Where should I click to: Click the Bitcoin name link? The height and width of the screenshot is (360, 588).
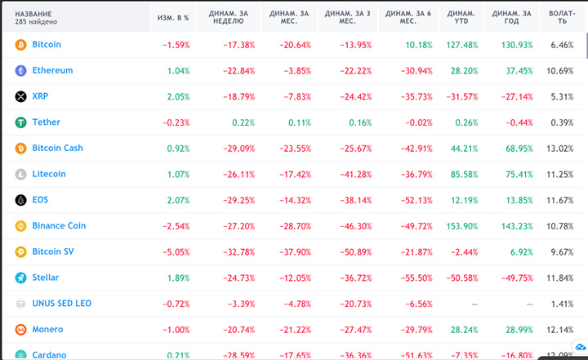tap(47, 45)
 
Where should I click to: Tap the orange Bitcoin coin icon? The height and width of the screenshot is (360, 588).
tap(21, 45)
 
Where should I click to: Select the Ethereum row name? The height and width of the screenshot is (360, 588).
tap(52, 71)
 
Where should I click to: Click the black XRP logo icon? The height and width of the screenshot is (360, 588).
tap(21, 96)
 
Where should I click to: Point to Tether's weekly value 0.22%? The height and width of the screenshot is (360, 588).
tap(243, 122)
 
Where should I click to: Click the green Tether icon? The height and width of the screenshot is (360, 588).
tap(21, 122)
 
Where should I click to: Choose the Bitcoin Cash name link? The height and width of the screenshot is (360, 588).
tap(57, 149)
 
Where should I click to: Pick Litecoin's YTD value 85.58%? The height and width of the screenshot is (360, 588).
tap(463, 174)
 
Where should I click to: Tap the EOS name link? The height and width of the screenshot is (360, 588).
tap(40, 200)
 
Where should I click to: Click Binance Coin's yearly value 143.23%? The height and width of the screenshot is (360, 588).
tap(516, 226)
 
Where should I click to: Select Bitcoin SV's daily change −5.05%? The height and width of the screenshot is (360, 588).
tap(175, 252)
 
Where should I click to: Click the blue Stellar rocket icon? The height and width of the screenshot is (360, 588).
tap(21, 278)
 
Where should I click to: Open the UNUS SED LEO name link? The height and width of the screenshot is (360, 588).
tap(62, 304)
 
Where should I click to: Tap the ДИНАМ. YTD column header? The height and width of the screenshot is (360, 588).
tap(461, 18)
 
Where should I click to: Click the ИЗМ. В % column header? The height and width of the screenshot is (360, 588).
tap(173, 18)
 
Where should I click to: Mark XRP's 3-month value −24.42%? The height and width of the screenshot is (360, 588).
tap(354, 96)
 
